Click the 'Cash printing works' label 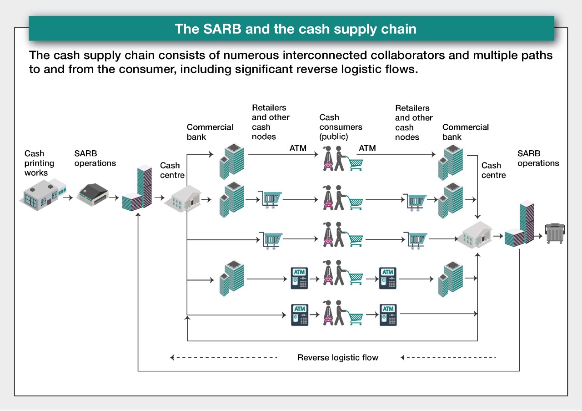tap(39, 163)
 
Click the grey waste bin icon tap(555, 234)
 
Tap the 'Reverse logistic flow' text tap(338, 357)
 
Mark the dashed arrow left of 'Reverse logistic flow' tap(223, 358)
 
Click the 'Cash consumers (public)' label tap(341, 127)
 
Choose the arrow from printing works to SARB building tap(67, 198)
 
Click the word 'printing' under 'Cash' tap(39, 163)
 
